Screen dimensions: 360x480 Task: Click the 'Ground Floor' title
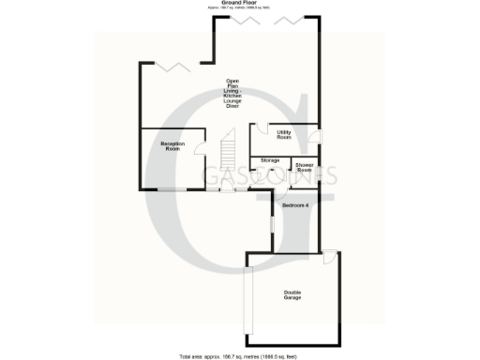[x=239, y=4]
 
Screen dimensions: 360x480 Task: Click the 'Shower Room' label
[x=304, y=167]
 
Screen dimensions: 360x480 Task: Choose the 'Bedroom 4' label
[x=295, y=204]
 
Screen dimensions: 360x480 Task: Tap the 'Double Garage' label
[x=294, y=295]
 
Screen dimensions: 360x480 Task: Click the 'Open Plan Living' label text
[x=231, y=92]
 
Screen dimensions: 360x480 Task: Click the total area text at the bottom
[x=240, y=356]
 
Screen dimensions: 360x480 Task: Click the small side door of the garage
[x=329, y=257]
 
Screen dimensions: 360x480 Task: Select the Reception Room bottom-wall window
[x=171, y=190]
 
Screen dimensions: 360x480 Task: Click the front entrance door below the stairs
[x=223, y=190]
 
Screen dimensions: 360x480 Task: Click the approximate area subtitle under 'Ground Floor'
[x=239, y=9]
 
